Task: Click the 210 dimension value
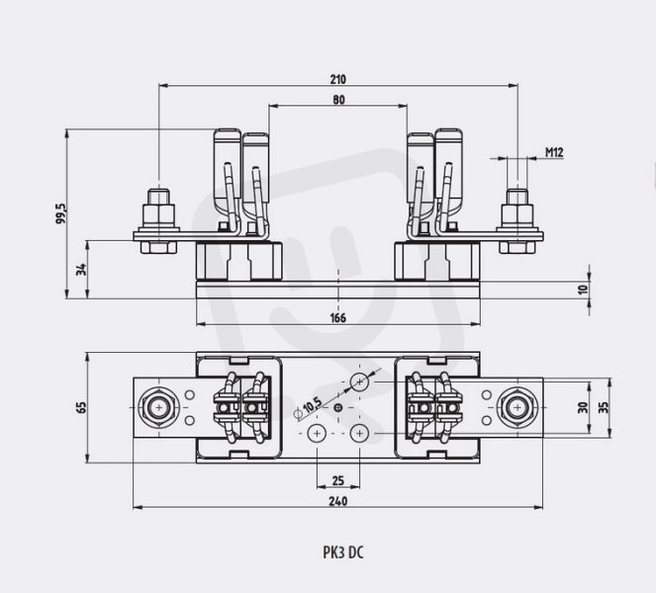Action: coord(338,79)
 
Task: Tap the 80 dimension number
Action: coord(338,100)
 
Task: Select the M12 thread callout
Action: coord(554,152)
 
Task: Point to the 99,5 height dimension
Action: coord(61,213)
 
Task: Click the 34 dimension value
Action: coord(81,269)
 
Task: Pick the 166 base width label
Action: coord(338,318)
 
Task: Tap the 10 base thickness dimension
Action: coord(583,290)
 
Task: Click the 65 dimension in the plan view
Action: coord(81,407)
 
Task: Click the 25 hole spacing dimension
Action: coord(338,480)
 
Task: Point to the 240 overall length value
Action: coord(338,501)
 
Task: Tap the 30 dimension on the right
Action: coord(583,407)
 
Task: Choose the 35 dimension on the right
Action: coord(604,407)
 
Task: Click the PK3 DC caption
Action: coord(343,552)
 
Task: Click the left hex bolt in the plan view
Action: coord(158,407)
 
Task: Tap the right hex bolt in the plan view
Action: coord(517,407)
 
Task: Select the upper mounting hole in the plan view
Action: coord(359,381)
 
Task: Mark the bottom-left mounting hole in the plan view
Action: coord(317,434)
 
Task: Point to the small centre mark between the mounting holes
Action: coord(338,407)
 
